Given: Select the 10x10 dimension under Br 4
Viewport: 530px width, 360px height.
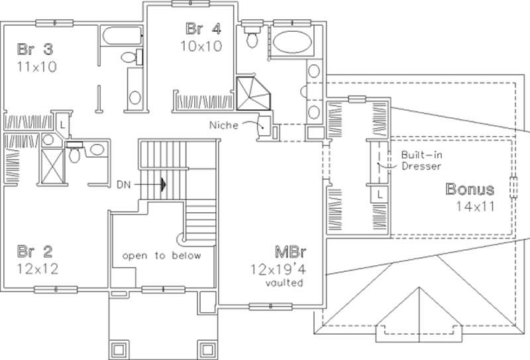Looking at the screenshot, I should (199, 46).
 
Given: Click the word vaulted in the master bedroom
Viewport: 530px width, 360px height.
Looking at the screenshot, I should (286, 283).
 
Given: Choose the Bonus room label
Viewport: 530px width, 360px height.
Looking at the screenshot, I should (470, 189).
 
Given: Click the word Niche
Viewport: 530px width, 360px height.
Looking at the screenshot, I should (223, 124).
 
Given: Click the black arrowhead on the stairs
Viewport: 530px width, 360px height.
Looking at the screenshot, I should (162, 184).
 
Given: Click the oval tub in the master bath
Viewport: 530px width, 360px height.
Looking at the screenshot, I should (290, 43).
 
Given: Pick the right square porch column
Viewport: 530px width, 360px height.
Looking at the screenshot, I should (207, 349).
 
